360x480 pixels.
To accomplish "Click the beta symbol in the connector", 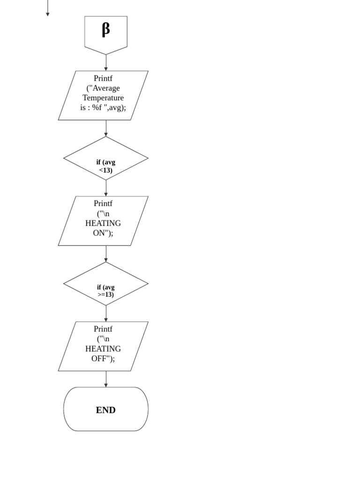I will [x=105, y=30].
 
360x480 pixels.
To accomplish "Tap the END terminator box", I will [x=105, y=409].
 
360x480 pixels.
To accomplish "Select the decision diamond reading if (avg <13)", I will [x=105, y=158].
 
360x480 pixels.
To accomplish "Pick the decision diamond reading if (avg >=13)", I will [x=105, y=284].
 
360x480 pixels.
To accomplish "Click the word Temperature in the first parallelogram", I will [x=103, y=98].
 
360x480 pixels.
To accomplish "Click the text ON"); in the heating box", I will [x=103, y=233].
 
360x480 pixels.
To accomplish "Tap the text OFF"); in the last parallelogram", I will [x=103, y=359].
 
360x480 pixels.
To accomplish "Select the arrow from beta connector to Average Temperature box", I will [x=106, y=63].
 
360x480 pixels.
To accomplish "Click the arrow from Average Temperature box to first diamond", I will [x=106, y=128].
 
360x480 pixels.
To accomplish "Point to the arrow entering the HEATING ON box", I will [x=106, y=188].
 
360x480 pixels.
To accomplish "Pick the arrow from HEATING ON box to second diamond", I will [x=106, y=254].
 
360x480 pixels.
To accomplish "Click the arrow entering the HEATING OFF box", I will [x=106, y=314].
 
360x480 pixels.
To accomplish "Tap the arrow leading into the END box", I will [x=106, y=379].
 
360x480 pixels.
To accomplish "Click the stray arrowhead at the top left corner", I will [x=47, y=13].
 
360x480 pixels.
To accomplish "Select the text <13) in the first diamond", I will [x=106, y=170].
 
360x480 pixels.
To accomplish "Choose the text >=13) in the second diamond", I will [x=106, y=295].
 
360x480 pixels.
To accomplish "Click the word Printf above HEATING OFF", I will [x=103, y=329].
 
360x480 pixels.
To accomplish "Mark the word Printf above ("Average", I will [x=103, y=78].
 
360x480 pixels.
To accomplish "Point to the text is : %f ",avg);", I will [x=103, y=108].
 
